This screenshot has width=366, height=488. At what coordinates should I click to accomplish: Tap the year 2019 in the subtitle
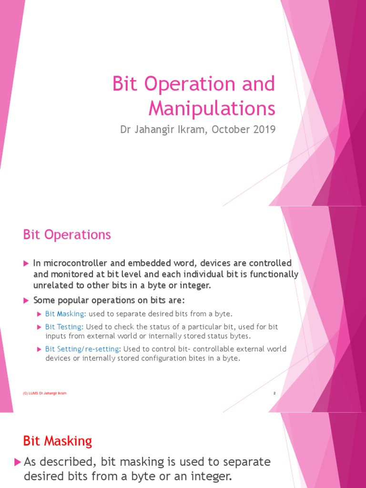[x=265, y=130]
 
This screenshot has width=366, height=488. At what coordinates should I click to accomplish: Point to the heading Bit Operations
[x=67, y=234]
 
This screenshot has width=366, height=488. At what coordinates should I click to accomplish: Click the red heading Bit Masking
[x=58, y=441]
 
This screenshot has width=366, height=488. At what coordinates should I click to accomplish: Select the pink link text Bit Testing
[x=64, y=327]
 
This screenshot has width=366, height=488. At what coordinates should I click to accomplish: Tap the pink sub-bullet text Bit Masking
[x=65, y=314]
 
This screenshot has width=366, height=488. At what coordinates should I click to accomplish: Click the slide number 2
[x=274, y=393]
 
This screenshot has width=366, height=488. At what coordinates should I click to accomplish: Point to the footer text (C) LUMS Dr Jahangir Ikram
[x=45, y=393]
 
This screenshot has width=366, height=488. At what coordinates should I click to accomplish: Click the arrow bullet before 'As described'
[x=18, y=461]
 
